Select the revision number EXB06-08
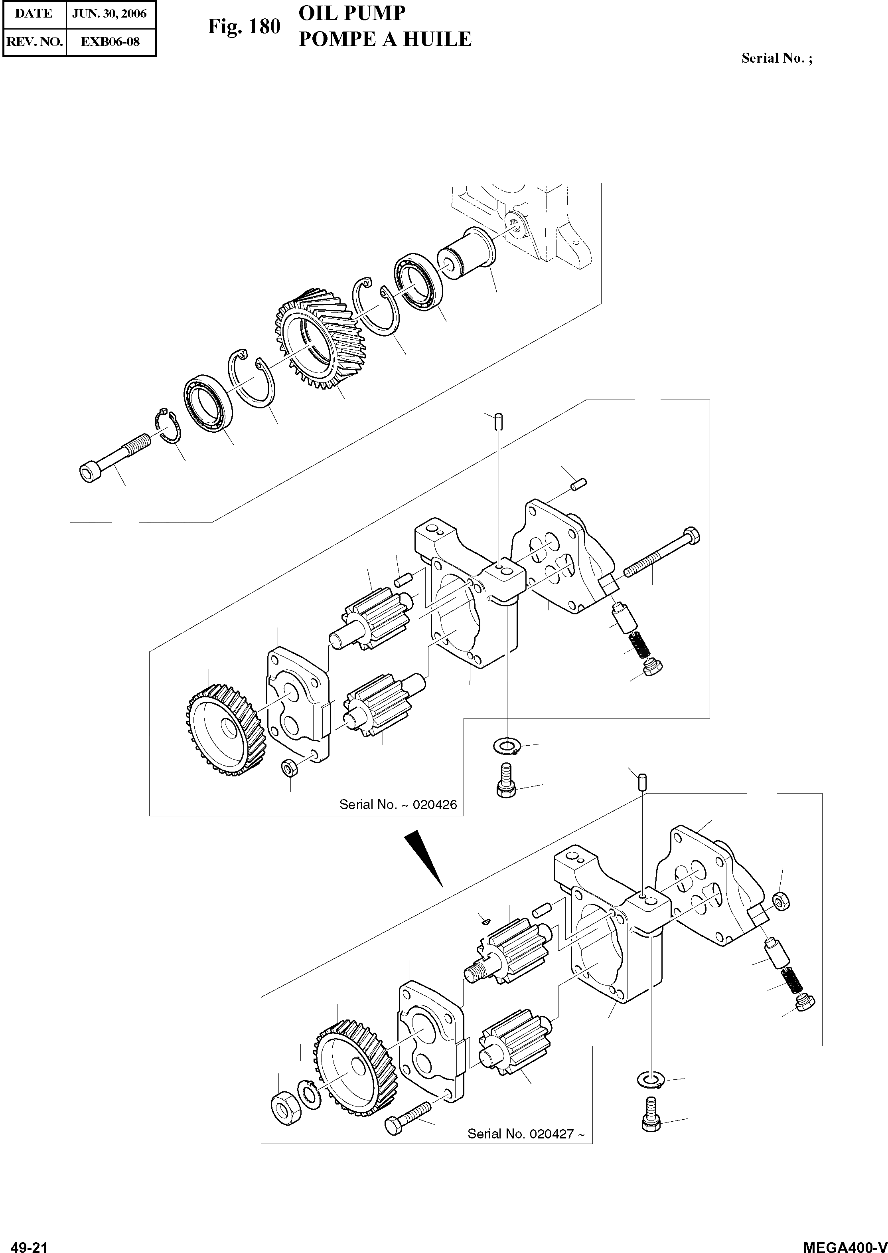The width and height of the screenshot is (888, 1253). [110, 42]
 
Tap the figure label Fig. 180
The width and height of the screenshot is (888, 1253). [243, 26]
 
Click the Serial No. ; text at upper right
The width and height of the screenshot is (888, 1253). [776, 58]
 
